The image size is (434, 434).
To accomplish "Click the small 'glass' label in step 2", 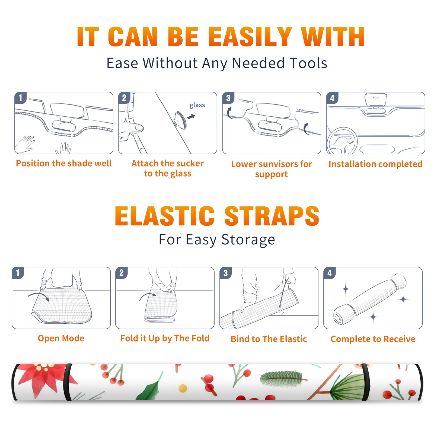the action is [197, 105].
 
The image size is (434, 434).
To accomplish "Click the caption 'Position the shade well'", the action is [64, 163].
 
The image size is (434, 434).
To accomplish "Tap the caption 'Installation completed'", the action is [375, 164].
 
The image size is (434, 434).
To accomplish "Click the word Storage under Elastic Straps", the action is [248, 240].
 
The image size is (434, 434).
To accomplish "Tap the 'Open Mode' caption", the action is [61, 339].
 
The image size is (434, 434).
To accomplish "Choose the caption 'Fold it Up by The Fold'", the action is [165, 339].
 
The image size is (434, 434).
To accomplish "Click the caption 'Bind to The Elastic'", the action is [269, 339].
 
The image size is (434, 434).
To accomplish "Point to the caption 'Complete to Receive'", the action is [373, 339].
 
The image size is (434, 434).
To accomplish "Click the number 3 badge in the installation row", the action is [228, 98].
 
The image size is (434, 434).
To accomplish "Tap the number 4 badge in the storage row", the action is [330, 273].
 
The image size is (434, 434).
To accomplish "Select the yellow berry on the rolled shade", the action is [183, 388].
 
